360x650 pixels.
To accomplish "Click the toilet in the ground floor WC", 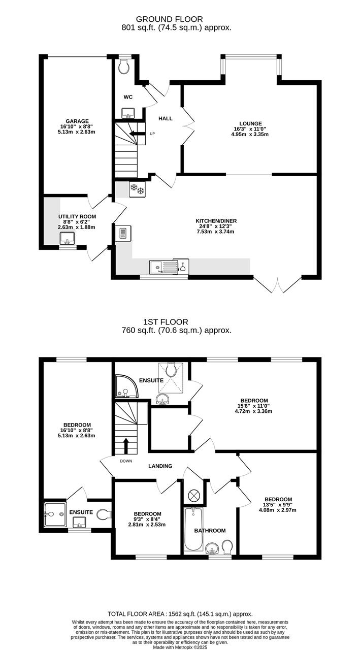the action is point(124,67).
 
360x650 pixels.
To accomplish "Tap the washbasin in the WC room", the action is point(127,113).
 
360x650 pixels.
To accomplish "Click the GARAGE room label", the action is point(77,121).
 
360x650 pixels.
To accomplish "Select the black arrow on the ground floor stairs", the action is point(137,134).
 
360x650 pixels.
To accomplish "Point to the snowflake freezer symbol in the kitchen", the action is point(137,189).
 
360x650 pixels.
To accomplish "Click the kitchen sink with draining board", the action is point(163,267).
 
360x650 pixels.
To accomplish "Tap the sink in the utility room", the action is point(68,238).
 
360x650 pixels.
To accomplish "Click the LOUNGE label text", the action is point(251,123).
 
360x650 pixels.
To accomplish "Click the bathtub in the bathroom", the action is point(193,529).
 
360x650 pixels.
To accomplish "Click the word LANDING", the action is point(160,466).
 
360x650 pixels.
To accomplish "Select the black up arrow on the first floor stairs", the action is point(126,446).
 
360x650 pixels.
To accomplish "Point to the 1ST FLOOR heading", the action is point(166,322).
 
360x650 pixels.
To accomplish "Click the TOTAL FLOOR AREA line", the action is point(180,614).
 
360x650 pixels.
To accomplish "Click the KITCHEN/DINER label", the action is point(216,221).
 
